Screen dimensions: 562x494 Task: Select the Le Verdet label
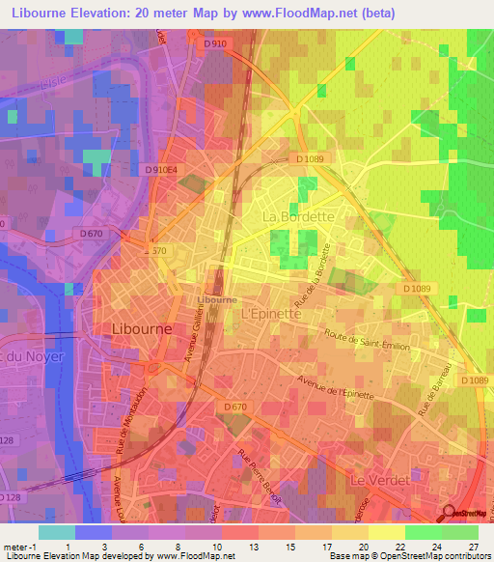coord(379,479)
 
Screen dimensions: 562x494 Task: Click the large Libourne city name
coord(143,327)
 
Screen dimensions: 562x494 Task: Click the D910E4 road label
coord(162,169)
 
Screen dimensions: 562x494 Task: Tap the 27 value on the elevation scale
coord(473,548)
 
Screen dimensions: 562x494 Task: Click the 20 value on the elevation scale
coord(364,548)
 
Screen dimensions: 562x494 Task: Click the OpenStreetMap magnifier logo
coord(449,514)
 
